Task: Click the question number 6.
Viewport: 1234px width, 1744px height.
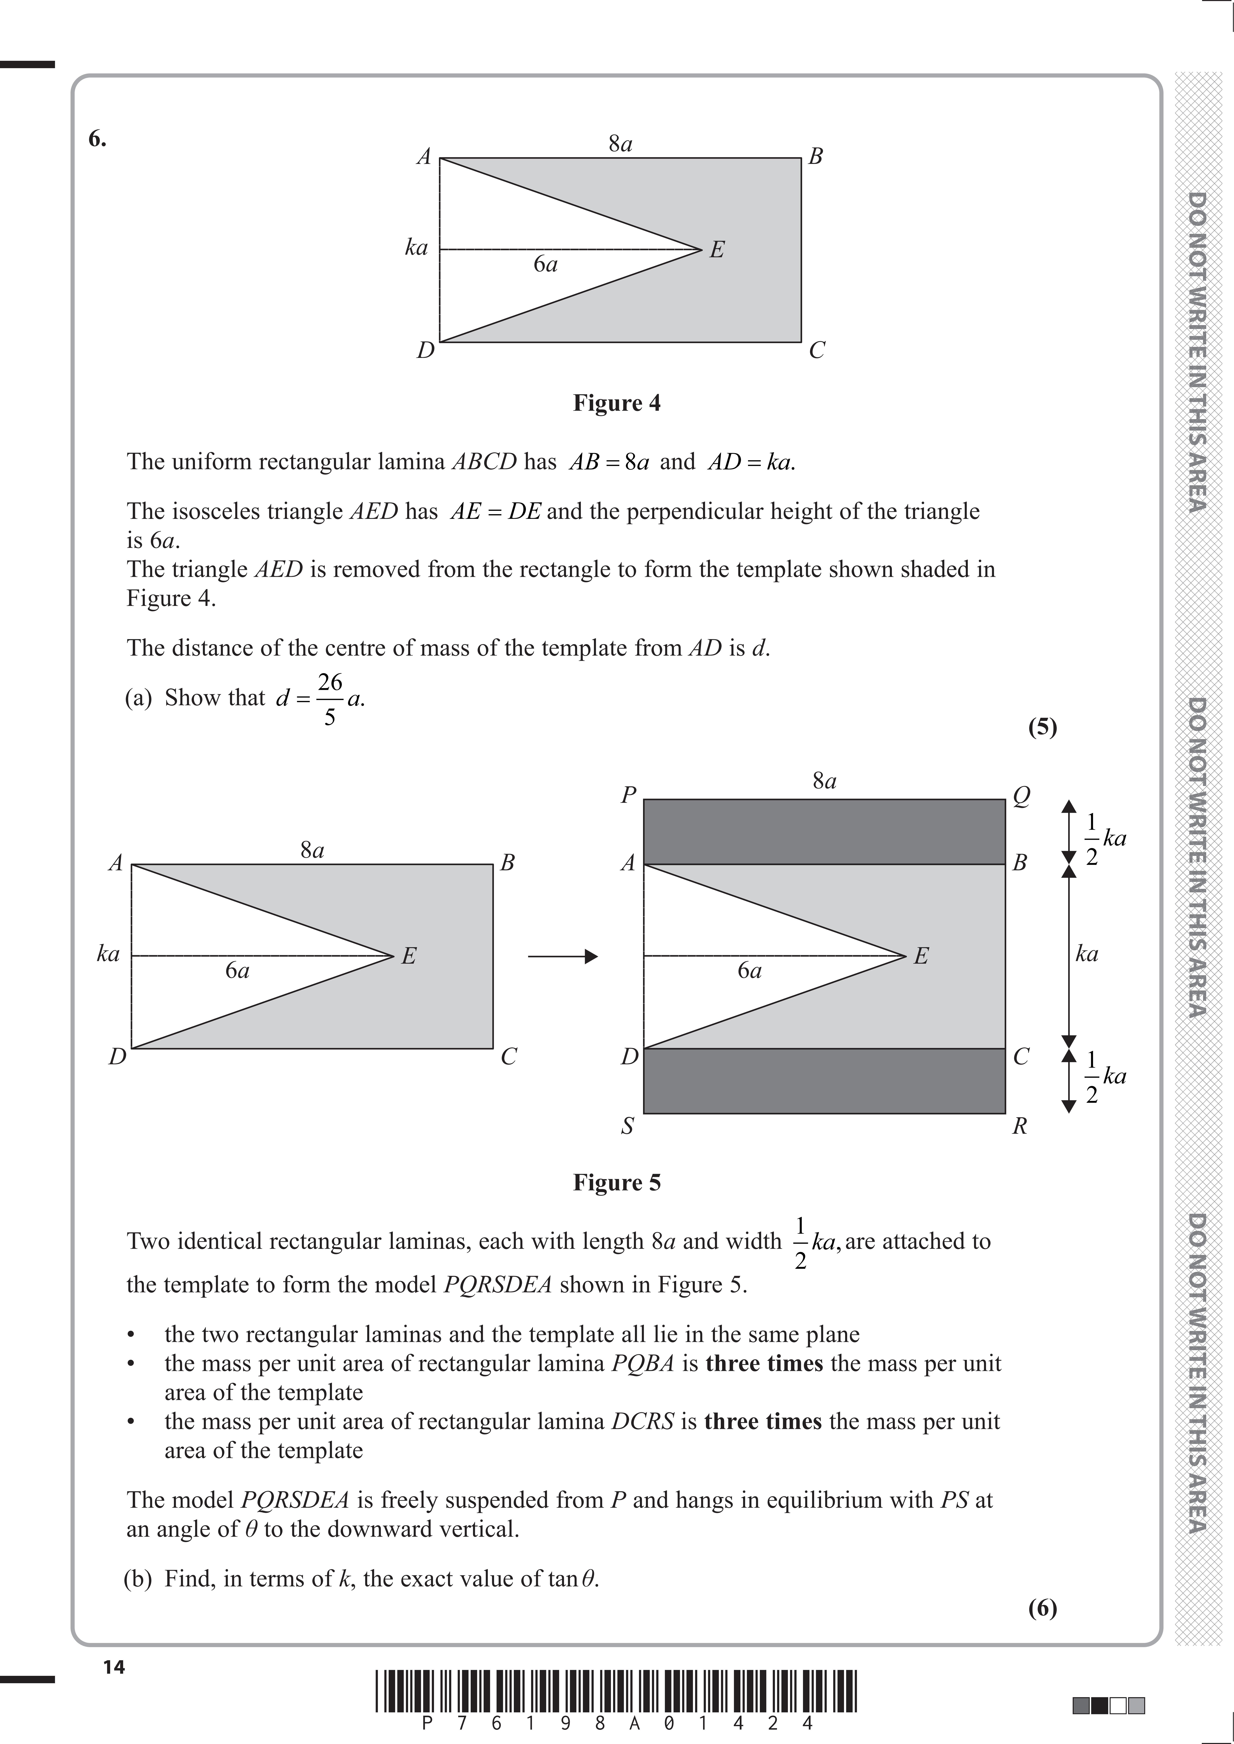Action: pos(97,139)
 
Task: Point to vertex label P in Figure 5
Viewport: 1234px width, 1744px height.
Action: pos(628,795)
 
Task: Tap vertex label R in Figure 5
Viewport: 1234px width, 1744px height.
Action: pos(1020,1126)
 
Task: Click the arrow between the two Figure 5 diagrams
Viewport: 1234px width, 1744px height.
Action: pos(562,956)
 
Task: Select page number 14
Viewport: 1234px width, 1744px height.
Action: pos(114,1667)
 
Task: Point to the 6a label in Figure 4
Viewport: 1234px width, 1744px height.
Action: pos(545,264)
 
